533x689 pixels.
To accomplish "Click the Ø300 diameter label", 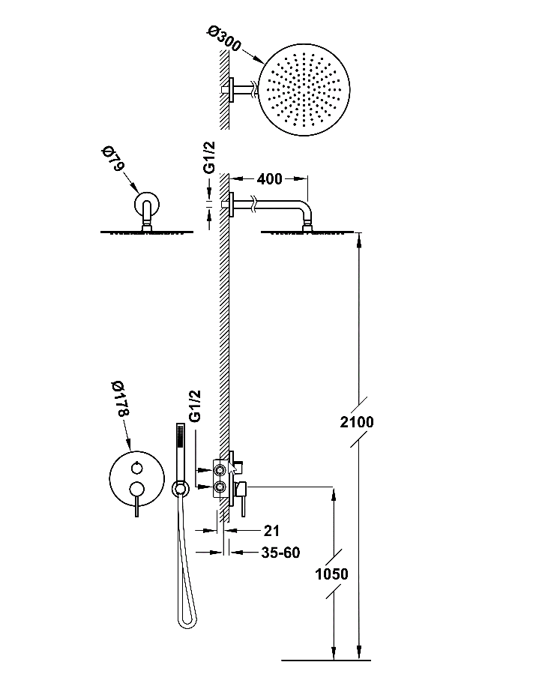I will point(224,40).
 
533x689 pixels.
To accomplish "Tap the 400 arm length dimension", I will point(269,179).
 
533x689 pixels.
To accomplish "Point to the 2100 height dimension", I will point(356,421).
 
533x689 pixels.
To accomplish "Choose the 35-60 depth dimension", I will point(281,553).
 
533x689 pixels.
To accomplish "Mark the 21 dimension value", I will point(271,530).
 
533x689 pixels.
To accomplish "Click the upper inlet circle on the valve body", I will point(221,470).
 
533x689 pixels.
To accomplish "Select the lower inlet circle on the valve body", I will point(221,487).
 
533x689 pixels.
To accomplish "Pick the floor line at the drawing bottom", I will point(326,661).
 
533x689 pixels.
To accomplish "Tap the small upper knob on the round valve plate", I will point(136,469).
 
